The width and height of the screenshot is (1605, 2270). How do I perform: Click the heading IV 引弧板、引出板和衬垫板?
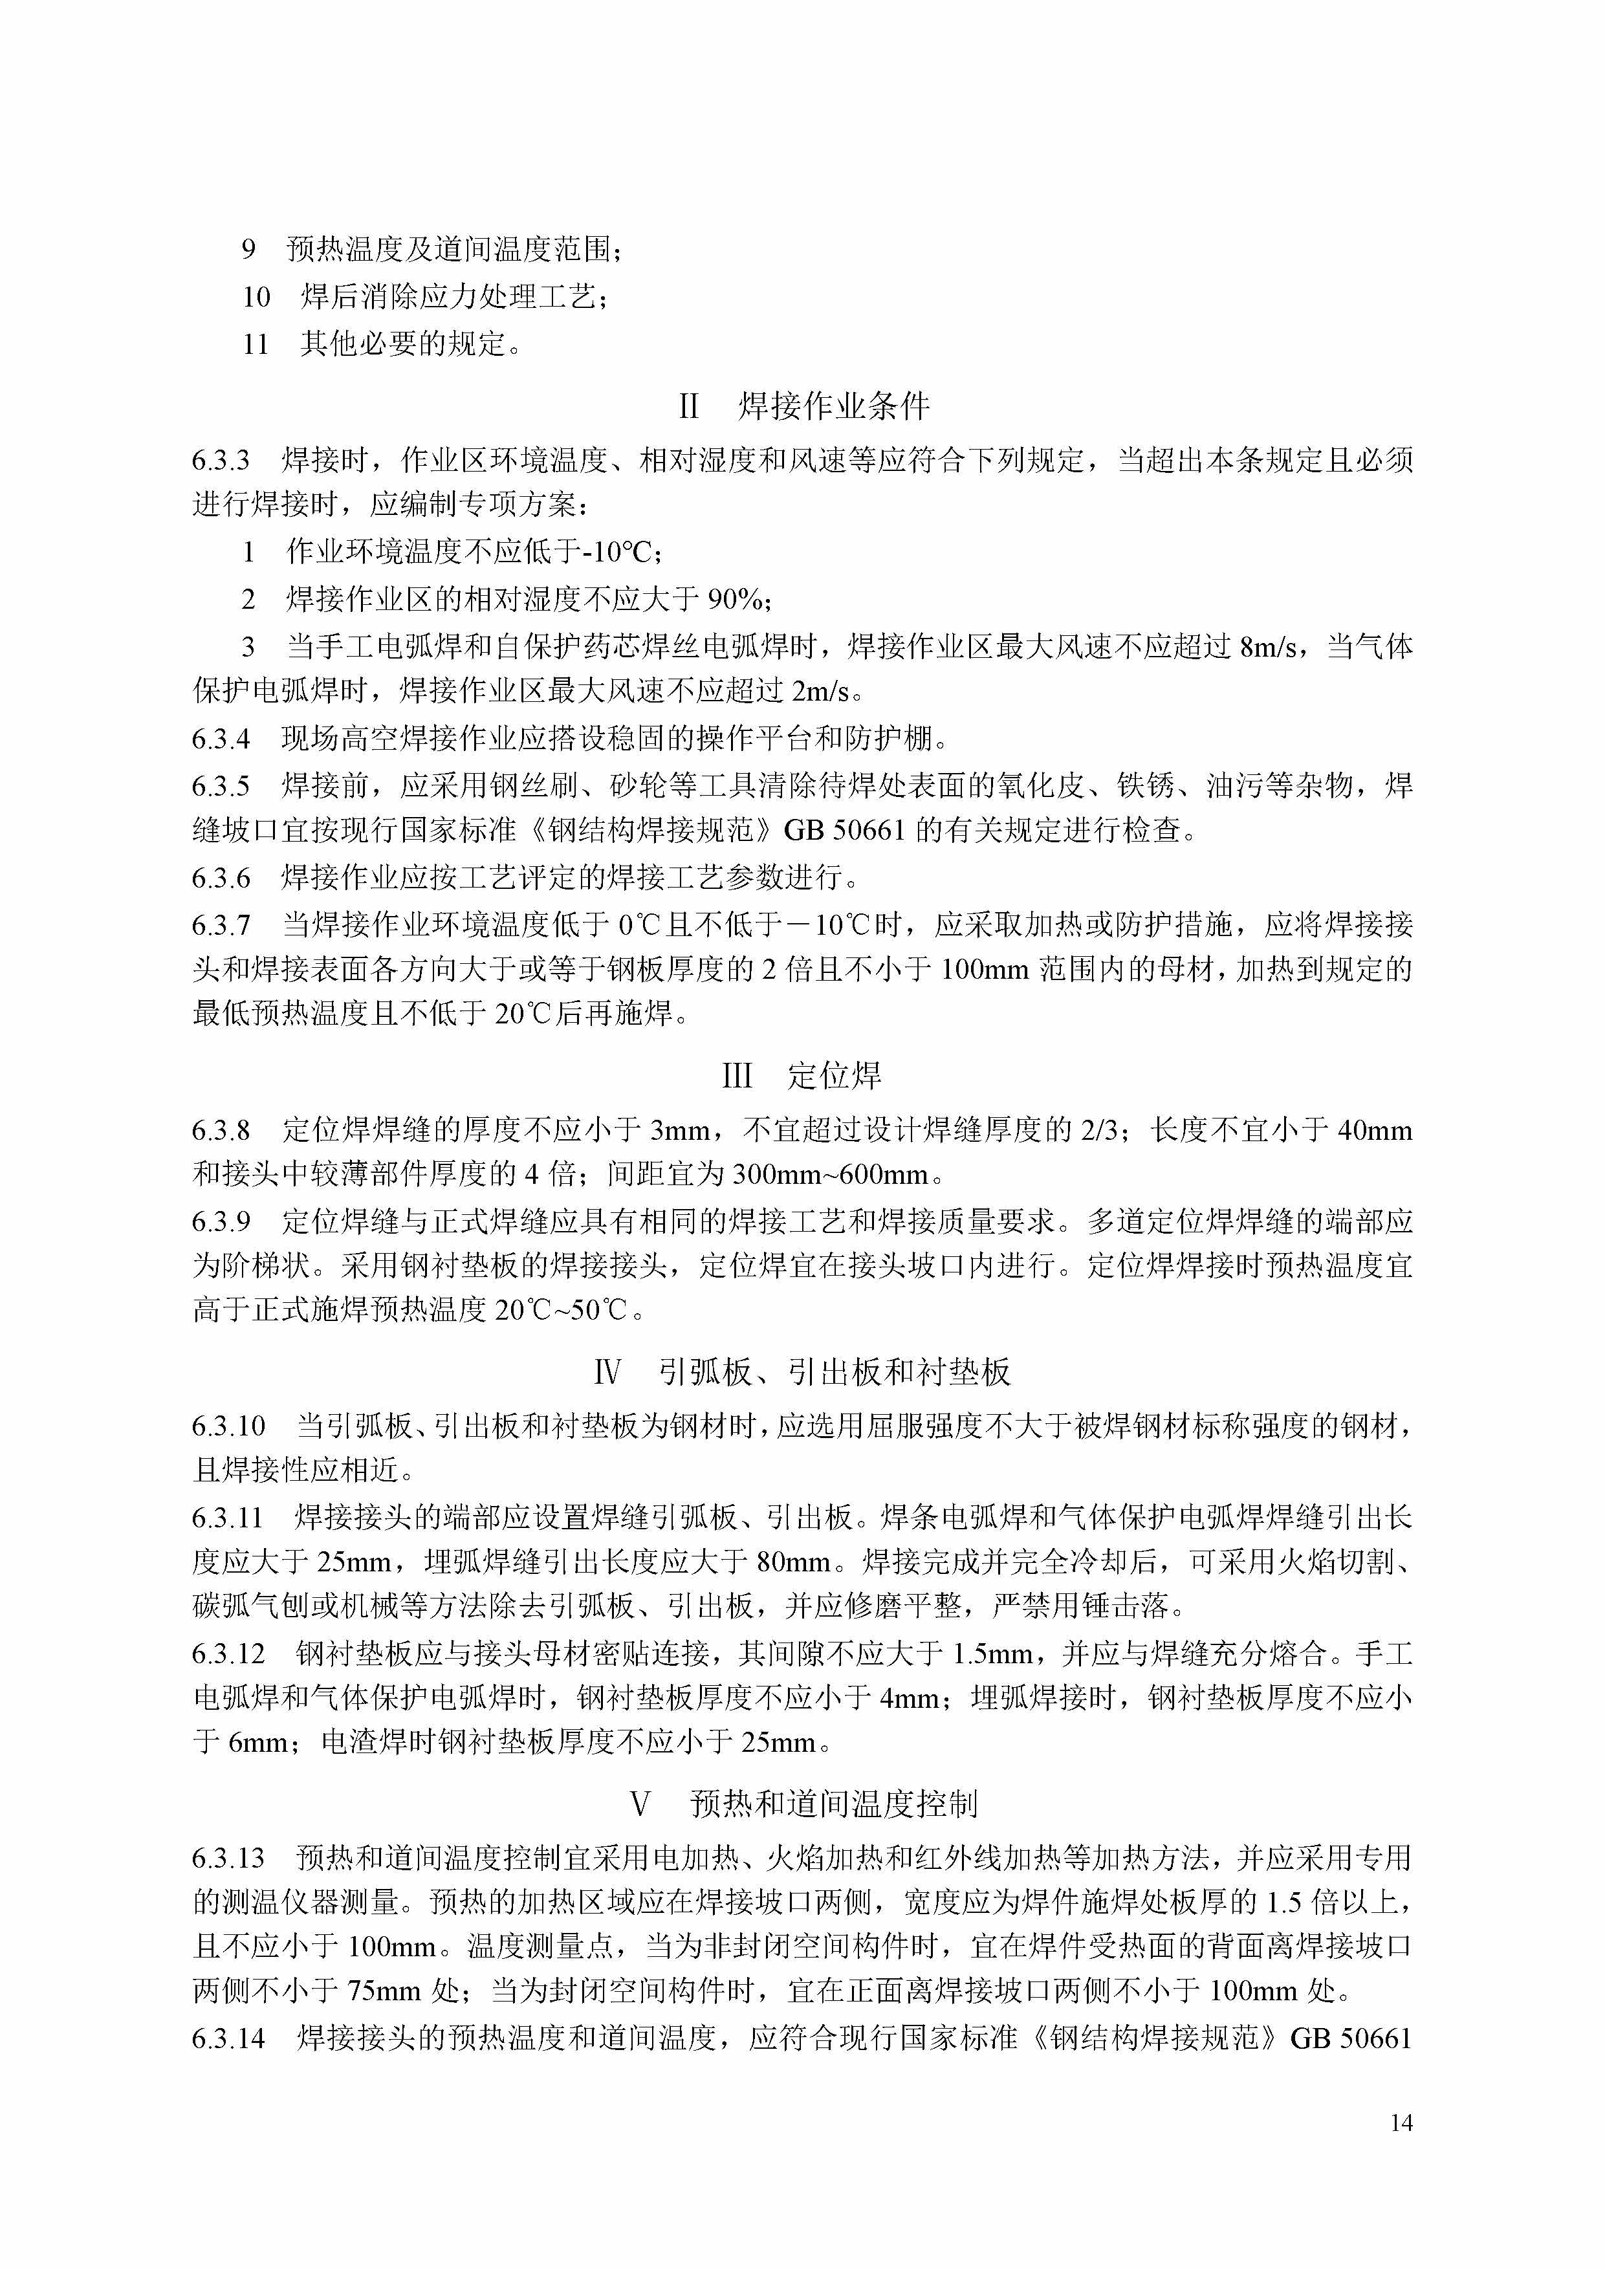[x=802, y=1372]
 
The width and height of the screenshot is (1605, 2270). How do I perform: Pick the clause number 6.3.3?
[x=221, y=461]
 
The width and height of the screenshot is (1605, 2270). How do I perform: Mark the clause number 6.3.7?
[x=221, y=925]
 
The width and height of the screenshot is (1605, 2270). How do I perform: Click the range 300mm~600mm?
[x=831, y=1175]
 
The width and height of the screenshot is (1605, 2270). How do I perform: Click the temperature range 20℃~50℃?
[x=562, y=1310]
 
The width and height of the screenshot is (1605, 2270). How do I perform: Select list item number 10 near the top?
[x=256, y=296]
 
